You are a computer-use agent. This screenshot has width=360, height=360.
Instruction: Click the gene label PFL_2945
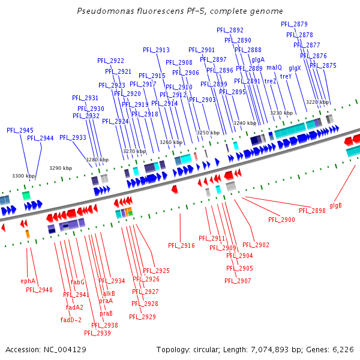(20, 130)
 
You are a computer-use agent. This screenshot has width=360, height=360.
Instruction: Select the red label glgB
(335, 205)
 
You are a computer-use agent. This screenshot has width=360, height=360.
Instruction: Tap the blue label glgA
(258, 59)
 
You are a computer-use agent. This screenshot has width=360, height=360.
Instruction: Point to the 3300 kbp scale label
(24, 176)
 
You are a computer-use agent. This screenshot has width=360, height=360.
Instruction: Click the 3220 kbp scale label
(317, 102)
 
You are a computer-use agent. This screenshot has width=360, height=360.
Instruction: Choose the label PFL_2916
(181, 245)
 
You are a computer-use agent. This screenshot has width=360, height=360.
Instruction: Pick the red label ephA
(28, 281)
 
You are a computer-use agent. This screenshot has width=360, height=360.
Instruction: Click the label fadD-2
(71, 320)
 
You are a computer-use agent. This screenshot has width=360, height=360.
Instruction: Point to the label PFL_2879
(294, 24)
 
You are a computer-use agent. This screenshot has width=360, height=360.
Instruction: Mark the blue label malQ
(274, 67)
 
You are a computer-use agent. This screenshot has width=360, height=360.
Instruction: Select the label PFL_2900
(281, 220)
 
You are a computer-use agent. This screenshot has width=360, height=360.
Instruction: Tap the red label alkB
(109, 293)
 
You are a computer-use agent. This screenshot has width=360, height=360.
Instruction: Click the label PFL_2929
(143, 317)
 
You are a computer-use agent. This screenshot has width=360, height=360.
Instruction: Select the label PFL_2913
(156, 50)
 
